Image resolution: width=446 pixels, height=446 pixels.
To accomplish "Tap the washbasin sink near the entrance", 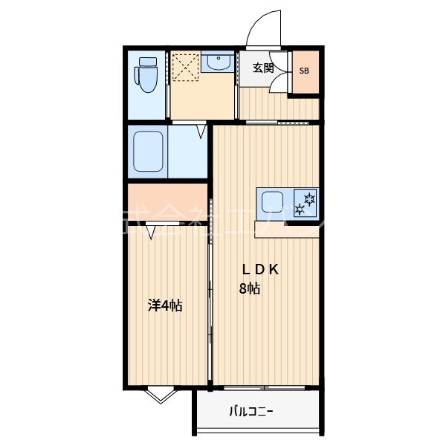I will click(219, 64).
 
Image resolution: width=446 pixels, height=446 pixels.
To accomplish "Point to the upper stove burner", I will click(308, 197).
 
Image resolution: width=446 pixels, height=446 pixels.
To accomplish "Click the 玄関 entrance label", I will click(263, 68).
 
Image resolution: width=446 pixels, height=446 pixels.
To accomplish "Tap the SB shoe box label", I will click(305, 71).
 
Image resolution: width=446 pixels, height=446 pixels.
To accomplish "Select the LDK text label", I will click(258, 270).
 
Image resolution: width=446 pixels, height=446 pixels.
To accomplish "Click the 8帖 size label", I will click(249, 289).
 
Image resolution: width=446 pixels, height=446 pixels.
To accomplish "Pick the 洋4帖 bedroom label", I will click(165, 305).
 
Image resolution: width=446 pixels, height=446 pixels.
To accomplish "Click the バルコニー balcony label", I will click(251, 411).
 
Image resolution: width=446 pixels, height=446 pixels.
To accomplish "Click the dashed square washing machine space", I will click(185, 68).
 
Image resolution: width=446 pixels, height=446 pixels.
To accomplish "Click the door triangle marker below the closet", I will click(152, 232).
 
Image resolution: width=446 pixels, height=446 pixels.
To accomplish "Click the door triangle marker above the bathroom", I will click(201, 132).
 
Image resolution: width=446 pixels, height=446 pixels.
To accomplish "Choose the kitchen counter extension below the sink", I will click(286, 229).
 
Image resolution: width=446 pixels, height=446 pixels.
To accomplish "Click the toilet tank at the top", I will click(146, 60).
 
